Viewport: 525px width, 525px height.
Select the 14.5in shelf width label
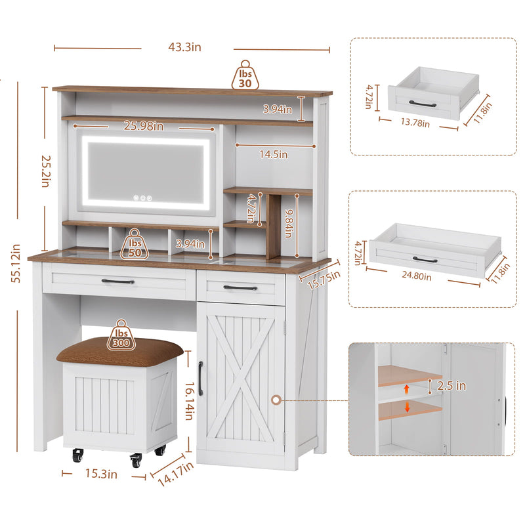pyautogui.click(x=274, y=155)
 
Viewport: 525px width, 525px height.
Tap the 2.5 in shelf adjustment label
pyautogui.click(x=451, y=386)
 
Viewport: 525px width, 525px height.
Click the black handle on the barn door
pyautogui.click(x=201, y=379)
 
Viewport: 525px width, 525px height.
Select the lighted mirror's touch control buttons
pyautogui.click(x=141, y=196)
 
